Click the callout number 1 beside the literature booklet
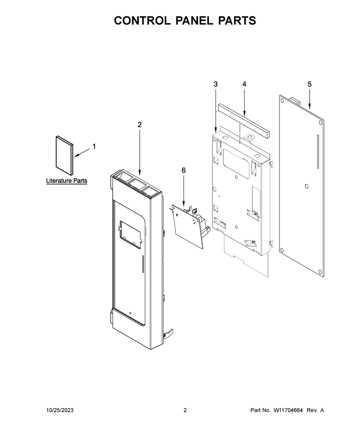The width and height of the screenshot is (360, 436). [x=94, y=146]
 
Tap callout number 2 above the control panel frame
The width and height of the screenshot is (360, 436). [x=139, y=125]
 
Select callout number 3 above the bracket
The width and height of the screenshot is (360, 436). [x=216, y=84]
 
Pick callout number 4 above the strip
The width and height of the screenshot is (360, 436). [x=244, y=84]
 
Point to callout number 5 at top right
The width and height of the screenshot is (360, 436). [x=310, y=84]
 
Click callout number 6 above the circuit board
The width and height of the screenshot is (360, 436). [x=184, y=170]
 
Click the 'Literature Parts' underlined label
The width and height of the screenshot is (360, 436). [x=67, y=181]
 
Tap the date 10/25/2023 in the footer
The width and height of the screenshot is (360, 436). [x=60, y=410]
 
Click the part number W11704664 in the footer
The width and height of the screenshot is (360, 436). [x=288, y=410]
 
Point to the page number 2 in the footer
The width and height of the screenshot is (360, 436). [x=185, y=410]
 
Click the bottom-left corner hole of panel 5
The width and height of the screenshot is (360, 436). [x=282, y=249]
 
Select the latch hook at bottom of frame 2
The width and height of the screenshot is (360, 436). [x=168, y=334]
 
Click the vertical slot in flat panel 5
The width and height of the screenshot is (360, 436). [x=318, y=151]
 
